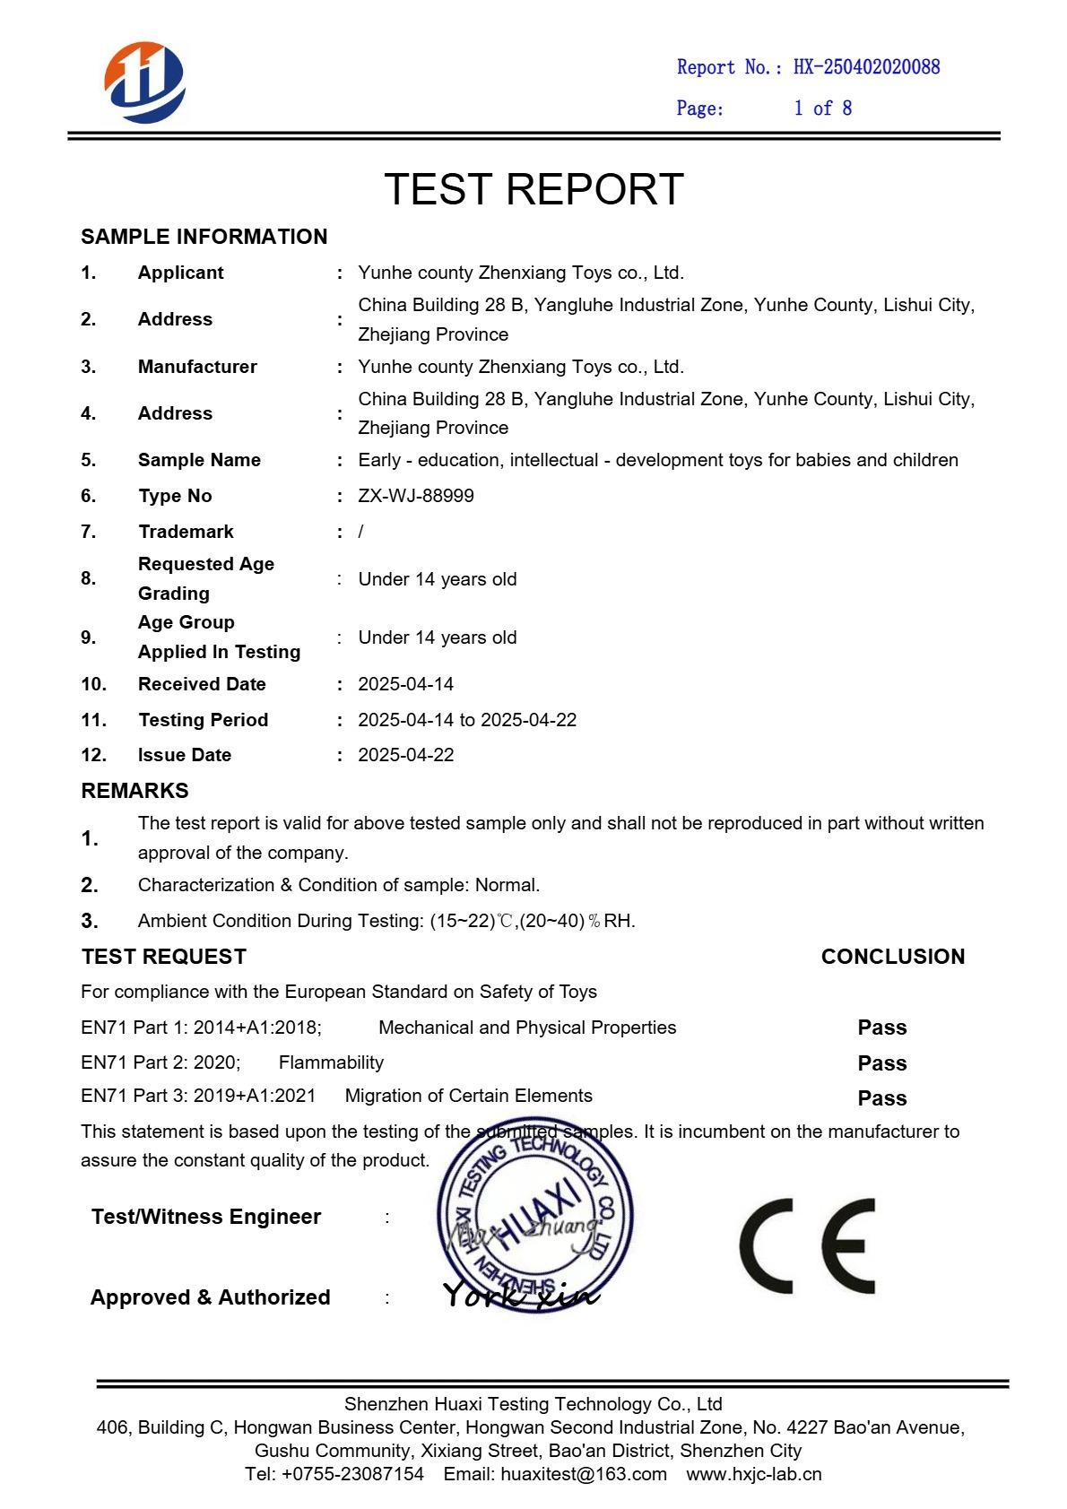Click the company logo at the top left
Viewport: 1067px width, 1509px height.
[144, 82]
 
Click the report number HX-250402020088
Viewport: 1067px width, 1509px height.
[866, 67]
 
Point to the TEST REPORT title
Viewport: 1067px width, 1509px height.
[533, 189]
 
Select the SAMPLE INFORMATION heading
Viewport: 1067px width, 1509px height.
[204, 237]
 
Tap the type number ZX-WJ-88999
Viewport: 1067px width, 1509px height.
[416, 496]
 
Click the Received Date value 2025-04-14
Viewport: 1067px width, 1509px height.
[406, 684]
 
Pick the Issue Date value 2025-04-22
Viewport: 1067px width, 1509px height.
[406, 755]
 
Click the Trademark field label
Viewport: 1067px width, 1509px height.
[186, 532]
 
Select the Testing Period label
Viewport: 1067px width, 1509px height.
[203, 720]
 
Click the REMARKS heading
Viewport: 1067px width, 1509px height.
[134, 791]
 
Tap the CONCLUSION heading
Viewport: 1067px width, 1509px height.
[893, 957]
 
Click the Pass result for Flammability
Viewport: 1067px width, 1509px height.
[882, 1063]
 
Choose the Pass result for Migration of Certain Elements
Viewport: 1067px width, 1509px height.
[882, 1098]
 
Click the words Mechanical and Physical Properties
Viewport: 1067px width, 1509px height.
[527, 1028]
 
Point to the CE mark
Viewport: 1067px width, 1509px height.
[807, 1245]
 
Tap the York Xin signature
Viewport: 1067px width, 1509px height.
[521, 1294]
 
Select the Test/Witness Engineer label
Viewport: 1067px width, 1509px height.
[206, 1217]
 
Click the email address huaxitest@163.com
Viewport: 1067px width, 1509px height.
[584, 1474]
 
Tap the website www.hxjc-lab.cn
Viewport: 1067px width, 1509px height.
[754, 1474]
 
